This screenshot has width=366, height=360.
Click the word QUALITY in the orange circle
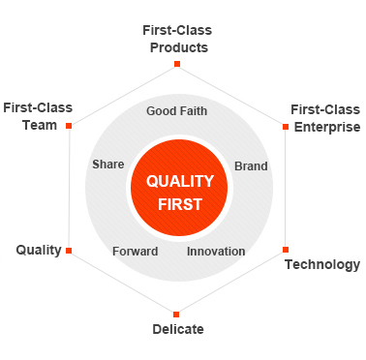click(180, 182)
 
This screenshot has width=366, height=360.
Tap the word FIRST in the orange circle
click(180, 204)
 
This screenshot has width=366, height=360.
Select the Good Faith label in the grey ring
click(176, 111)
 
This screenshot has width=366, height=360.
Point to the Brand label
click(251, 166)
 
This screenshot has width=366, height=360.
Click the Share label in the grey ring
click(108, 165)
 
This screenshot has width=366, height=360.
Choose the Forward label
click(136, 252)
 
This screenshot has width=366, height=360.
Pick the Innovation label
click(216, 252)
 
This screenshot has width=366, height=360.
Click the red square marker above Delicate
click(176, 315)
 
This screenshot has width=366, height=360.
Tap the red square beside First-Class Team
click(69, 126)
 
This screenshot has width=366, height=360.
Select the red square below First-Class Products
click(177, 64)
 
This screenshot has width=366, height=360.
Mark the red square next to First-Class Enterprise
click(286, 127)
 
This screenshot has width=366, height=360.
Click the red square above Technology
click(286, 250)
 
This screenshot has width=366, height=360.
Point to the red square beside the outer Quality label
click(69, 251)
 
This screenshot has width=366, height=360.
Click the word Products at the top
click(179, 47)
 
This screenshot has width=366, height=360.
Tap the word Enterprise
click(327, 127)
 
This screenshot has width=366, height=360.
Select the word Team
click(40, 125)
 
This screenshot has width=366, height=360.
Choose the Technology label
click(322, 264)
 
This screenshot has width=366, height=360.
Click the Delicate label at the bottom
click(178, 329)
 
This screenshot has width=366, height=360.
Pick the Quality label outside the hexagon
click(39, 251)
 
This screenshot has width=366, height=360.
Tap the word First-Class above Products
click(177, 30)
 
